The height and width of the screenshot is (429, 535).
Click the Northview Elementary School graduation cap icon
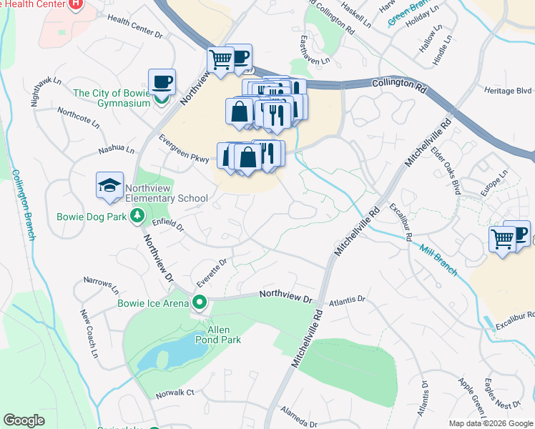click(x=109, y=186)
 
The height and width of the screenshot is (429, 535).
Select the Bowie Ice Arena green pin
click(x=200, y=302)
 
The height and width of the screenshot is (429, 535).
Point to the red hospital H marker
click(x=76, y=4)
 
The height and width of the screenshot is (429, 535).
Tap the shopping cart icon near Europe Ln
click(x=503, y=240)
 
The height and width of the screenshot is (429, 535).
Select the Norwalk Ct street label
click(x=175, y=393)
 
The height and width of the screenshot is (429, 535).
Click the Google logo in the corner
click(x=24, y=420)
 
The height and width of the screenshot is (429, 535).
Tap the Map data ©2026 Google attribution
click(x=490, y=423)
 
